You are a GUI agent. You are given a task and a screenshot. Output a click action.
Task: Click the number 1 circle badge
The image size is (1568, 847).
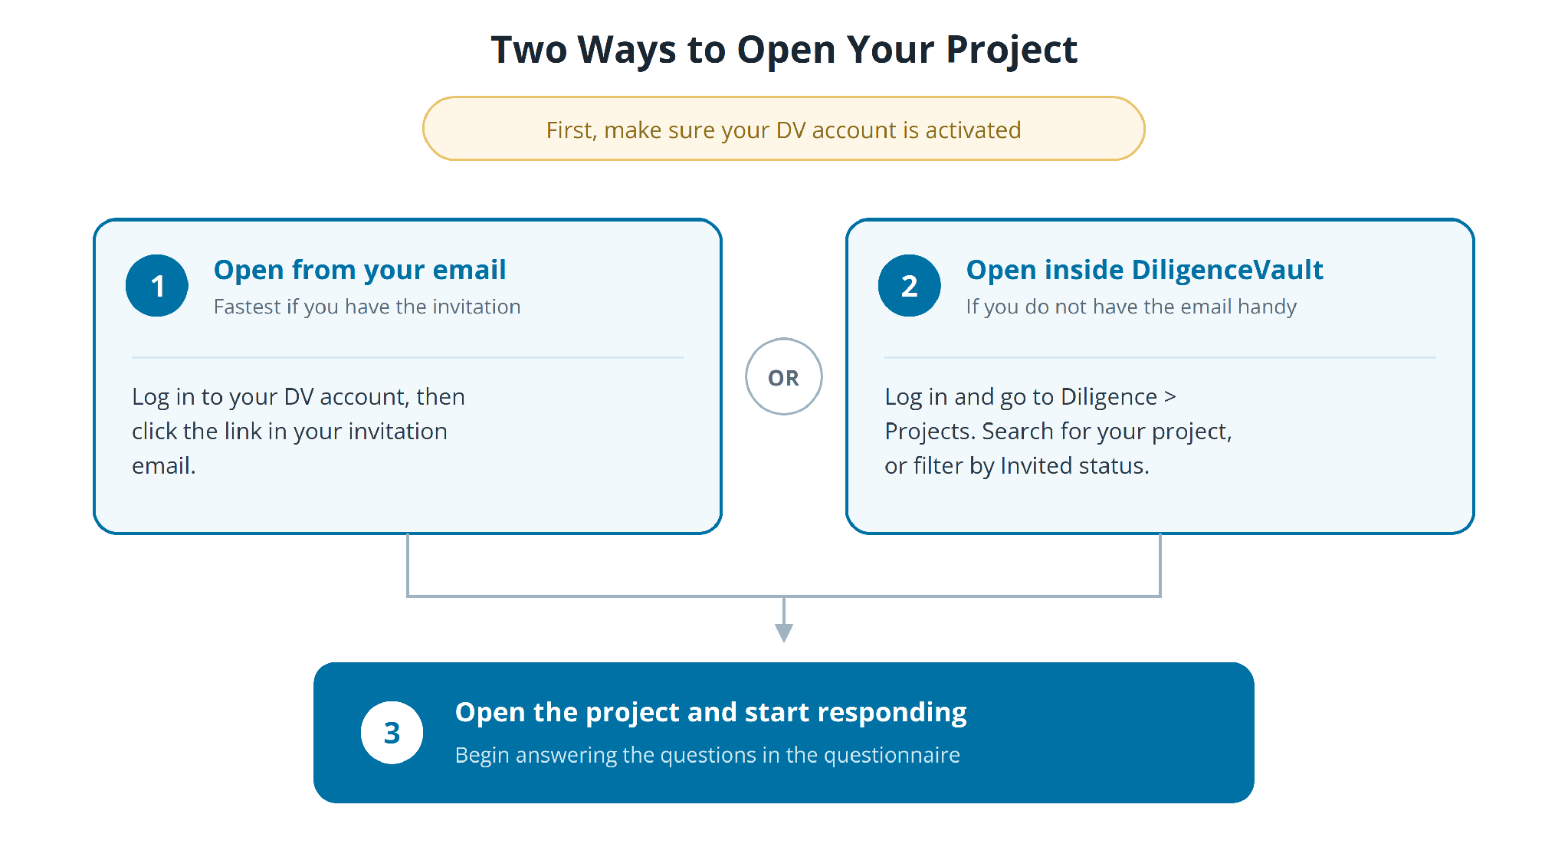click(x=157, y=286)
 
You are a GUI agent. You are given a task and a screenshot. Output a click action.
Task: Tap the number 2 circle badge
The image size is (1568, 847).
click(x=910, y=286)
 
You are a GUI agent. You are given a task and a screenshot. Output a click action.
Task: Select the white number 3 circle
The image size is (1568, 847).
click(x=392, y=733)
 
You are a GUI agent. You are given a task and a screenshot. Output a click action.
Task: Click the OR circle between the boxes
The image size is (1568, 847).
click(x=784, y=376)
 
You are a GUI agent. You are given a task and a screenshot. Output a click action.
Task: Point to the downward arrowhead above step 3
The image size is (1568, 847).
click(x=784, y=633)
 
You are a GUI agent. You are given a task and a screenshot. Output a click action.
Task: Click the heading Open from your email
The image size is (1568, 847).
click(x=359, y=270)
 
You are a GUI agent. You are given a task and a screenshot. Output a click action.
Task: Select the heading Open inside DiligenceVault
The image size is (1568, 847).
click(x=1144, y=270)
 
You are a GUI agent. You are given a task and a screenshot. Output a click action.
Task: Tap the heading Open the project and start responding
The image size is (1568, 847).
click(x=710, y=712)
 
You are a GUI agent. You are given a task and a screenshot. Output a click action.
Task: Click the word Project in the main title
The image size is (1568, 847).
click(x=1012, y=50)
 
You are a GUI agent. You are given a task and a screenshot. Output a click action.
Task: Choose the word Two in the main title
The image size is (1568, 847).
click(x=529, y=50)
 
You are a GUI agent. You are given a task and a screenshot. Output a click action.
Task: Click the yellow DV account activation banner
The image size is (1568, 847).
click(x=784, y=129)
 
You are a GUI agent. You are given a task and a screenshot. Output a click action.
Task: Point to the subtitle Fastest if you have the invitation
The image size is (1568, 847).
click(x=367, y=307)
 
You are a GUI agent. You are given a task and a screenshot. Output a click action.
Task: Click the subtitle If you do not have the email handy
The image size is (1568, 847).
click(x=1131, y=307)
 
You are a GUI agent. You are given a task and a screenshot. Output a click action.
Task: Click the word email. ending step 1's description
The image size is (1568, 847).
click(x=164, y=466)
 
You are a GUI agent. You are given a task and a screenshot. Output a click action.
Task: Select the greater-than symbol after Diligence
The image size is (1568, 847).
click(x=1169, y=397)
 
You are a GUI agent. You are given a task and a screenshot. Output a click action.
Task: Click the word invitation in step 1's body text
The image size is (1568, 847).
click(x=398, y=432)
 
